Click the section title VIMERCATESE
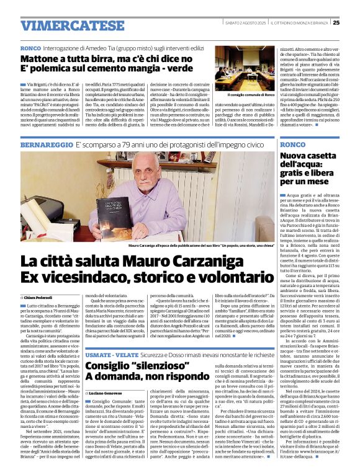63,25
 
